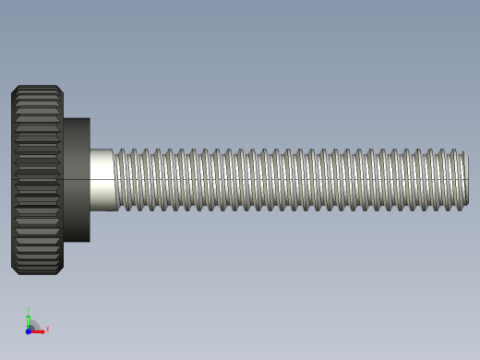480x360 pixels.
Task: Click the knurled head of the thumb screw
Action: (37, 180)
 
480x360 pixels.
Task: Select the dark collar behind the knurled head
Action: (77, 180)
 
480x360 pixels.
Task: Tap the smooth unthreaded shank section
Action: (102, 180)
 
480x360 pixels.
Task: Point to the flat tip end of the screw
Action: (466, 180)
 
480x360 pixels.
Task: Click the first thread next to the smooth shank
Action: (120, 180)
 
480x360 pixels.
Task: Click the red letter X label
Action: (47, 329)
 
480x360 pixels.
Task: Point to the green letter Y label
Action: (28, 310)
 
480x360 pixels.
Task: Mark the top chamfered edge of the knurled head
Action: (37, 88)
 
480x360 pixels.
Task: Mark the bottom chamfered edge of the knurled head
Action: (37, 272)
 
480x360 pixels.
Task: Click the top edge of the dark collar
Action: (77, 118)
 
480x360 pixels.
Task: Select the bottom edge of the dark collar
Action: (77, 242)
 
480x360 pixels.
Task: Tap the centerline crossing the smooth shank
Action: (102, 178)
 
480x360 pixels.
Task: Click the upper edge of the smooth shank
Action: (102, 150)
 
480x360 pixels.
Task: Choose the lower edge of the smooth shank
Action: (102, 210)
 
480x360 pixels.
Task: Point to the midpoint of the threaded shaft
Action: (291, 180)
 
